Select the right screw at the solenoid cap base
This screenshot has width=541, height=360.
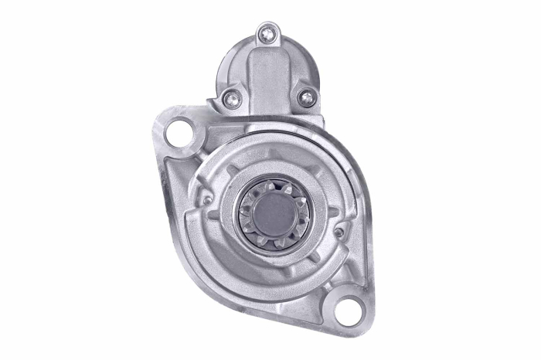click(x=307, y=97)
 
